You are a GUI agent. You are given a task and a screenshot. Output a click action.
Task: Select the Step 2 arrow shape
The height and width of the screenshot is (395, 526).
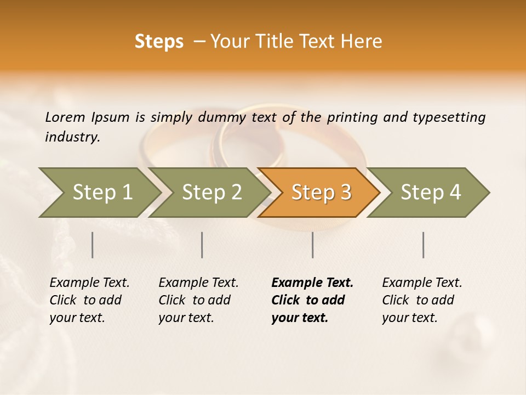tap(211, 192)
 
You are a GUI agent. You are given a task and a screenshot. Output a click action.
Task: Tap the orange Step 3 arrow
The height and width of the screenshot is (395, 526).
tap(321, 192)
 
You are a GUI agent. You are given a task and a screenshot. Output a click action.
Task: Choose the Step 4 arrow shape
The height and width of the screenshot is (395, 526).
tap(431, 192)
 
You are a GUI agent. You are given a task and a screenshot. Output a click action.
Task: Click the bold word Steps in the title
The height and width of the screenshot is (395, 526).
tap(159, 42)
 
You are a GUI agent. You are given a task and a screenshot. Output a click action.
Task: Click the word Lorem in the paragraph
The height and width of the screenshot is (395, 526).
tap(65, 117)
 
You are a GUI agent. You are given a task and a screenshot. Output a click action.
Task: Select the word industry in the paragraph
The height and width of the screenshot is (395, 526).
tap(72, 137)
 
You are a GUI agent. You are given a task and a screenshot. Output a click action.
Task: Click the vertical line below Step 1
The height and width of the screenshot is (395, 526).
tap(93, 245)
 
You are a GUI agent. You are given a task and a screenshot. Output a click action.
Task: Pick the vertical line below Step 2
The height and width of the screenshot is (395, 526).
tap(202, 245)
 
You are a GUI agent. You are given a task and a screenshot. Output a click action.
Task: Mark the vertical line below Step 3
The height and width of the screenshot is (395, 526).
tap(312, 245)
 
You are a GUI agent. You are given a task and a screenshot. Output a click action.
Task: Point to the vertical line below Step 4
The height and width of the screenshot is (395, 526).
tap(423, 245)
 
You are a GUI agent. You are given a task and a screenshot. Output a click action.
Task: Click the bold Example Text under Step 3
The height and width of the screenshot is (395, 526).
tap(312, 283)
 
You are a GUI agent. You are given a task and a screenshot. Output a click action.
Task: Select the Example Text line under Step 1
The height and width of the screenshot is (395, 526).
tap(89, 283)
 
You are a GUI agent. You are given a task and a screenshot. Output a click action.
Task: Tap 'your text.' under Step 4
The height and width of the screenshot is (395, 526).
tap(409, 318)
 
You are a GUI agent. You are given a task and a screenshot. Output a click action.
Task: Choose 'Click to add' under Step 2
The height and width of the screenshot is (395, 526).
tap(195, 300)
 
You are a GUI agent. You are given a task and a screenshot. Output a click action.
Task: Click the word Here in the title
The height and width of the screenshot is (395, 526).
tap(361, 42)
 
